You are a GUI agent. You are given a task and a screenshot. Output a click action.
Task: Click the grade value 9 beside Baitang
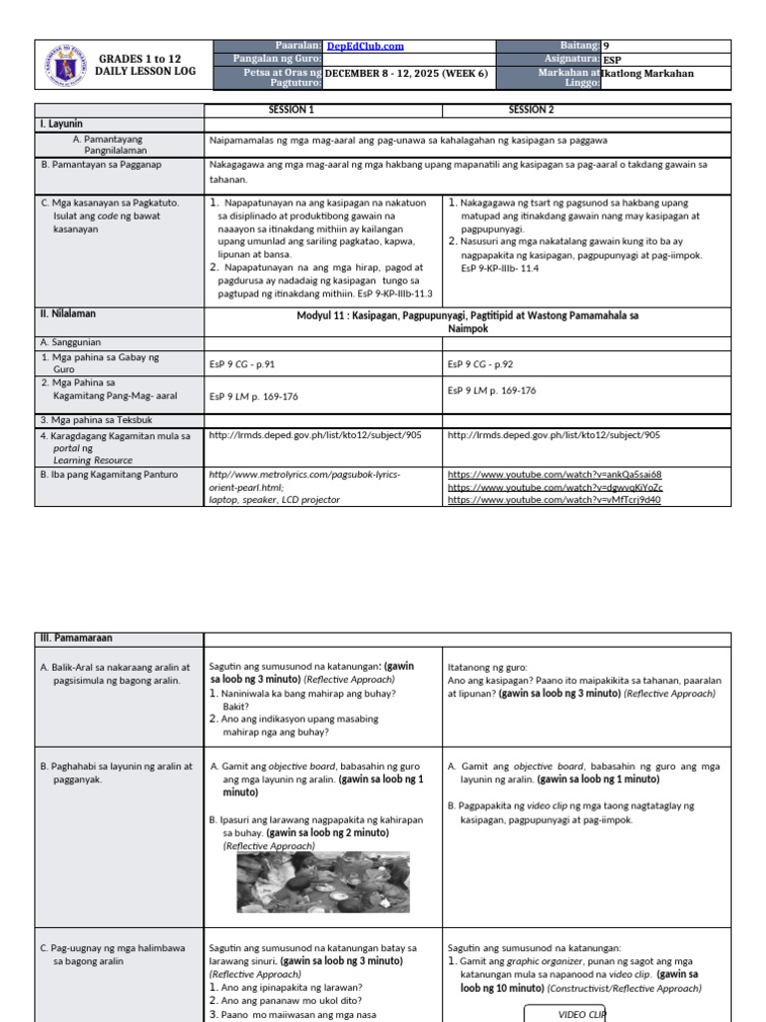606,46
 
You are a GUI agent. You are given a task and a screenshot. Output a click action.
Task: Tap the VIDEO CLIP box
566,1012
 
